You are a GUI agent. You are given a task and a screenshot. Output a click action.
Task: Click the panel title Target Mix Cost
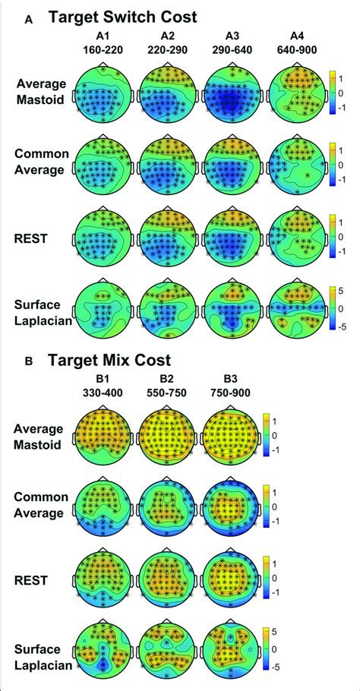pos(111,359)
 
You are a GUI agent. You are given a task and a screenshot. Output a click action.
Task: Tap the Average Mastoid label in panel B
pos(39,434)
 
